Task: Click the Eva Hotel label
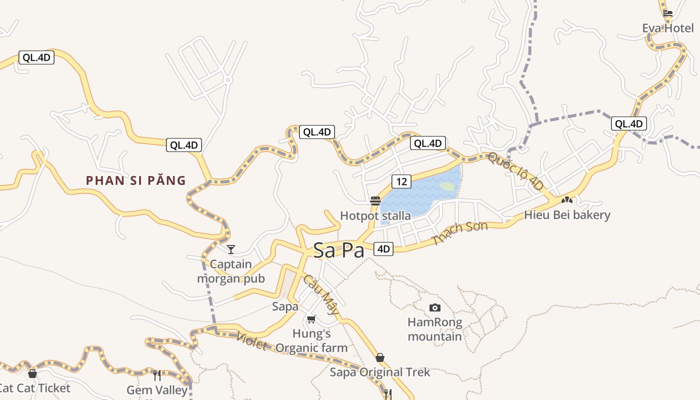tap(668, 28)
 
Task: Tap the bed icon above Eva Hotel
tap(668, 13)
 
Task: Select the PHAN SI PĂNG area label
tap(135, 180)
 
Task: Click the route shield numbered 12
tap(401, 181)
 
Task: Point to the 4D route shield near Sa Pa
tap(383, 248)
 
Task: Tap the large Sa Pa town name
tap(339, 250)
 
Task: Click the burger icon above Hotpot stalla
tap(375, 201)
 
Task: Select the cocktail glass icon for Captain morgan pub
tap(231, 249)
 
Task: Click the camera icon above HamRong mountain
tap(435, 307)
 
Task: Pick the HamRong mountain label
tap(435, 329)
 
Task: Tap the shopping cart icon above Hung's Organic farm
tap(311, 319)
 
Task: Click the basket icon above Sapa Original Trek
tap(380, 357)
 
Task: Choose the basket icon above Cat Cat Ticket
tap(32, 373)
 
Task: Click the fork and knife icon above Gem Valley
tap(157, 375)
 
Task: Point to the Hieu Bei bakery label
tap(567, 215)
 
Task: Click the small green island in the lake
tap(447, 186)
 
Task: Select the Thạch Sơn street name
tap(460, 233)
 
